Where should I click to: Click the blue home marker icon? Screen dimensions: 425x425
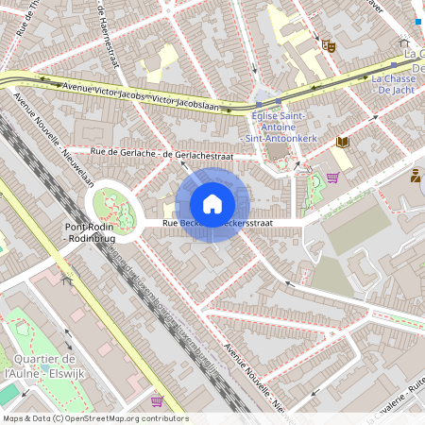212,204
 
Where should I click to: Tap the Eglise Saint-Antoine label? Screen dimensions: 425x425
280,127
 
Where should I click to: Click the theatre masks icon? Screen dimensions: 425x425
329,44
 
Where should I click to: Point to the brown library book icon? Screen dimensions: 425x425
342,142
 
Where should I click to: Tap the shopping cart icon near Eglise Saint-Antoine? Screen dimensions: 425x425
332,177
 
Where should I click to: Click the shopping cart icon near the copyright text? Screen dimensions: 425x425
157,400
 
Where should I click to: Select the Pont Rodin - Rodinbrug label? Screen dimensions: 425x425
89,233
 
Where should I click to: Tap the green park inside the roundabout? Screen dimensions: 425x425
113,205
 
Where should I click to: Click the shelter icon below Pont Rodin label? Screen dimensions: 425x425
65,280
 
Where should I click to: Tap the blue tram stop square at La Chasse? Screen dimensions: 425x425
417,21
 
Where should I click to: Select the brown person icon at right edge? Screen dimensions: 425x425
416,175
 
